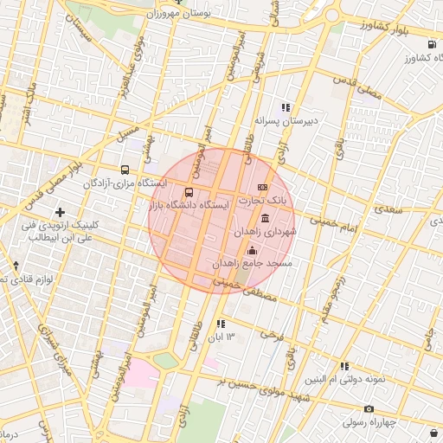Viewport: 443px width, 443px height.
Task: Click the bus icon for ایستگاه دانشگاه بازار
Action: [x=189, y=192]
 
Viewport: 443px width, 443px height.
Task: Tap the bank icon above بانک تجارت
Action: [x=262, y=188]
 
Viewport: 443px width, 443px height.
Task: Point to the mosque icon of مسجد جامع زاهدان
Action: [x=252, y=250]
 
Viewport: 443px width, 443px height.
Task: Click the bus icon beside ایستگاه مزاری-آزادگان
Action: [x=125, y=170]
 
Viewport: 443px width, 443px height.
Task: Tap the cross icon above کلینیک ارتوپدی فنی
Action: [x=60, y=212]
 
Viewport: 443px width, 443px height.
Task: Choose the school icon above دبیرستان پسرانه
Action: [x=286, y=107]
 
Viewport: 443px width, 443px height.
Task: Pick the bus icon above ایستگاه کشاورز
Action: [x=431, y=45]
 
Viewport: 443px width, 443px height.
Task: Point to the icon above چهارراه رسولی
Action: [x=369, y=408]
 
